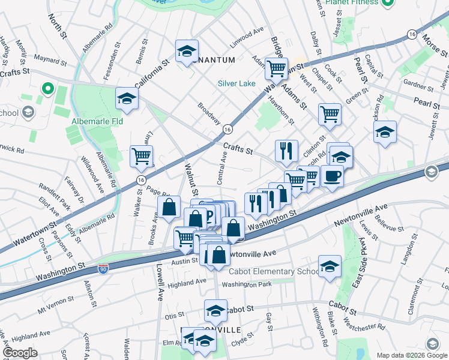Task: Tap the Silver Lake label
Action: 237,83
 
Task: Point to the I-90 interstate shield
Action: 103,265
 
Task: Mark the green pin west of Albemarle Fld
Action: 48,90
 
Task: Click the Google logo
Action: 20,353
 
